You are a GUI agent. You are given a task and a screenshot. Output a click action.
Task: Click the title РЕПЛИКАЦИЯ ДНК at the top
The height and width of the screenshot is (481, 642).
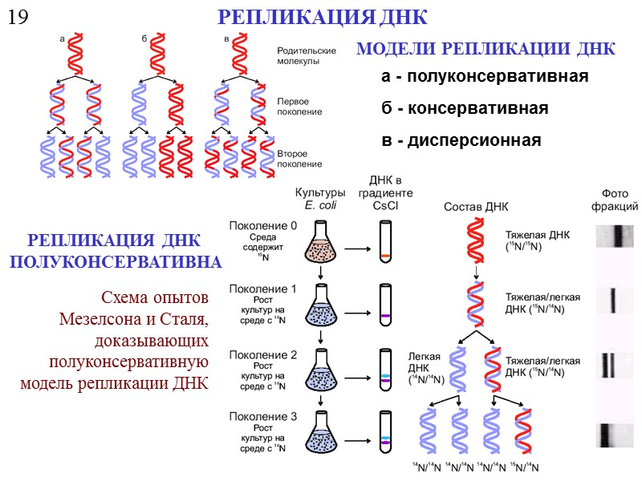[323, 17]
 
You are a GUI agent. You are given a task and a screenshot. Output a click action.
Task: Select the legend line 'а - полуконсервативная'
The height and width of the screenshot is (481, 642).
[485, 77]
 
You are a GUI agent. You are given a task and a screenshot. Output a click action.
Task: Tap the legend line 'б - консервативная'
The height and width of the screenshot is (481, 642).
[465, 108]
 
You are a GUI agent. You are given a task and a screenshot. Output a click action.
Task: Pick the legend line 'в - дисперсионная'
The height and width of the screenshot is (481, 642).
[461, 140]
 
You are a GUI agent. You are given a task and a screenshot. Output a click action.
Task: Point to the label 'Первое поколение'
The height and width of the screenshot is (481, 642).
[299, 107]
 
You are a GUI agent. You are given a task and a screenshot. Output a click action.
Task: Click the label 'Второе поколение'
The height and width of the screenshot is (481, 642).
[299, 158]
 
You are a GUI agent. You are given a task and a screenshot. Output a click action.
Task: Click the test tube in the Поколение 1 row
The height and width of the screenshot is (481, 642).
[385, 308]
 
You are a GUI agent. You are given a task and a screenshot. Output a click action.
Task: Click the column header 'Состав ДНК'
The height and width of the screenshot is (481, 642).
[476, 207]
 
